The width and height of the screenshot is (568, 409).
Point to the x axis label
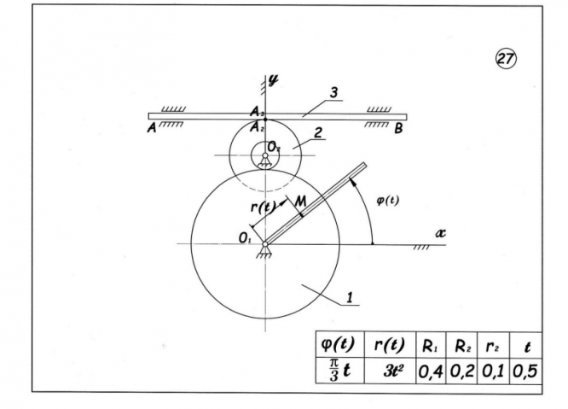pos(442,231)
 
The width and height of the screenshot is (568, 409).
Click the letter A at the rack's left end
pos(152,128)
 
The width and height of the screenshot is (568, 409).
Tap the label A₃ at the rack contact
pos(256,111)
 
